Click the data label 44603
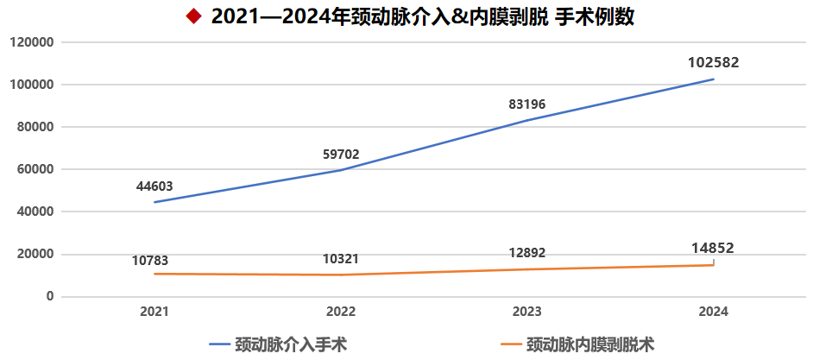[154, 186]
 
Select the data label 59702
[341, 155]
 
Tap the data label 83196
[527, 104]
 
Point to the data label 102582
[714, 62]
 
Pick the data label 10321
[341, 258]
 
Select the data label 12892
[527, 253]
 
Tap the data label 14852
[713, 248]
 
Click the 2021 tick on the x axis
[154, 312]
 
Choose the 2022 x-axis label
[341, 312]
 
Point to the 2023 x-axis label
[527, 312]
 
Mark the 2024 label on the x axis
[714, 312]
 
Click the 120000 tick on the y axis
[32, 42]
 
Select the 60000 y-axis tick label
[35, 169]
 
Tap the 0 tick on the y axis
[50, 296]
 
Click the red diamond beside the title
[193, 16]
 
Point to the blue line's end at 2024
[714, 79]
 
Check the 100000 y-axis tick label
[32, 85]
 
